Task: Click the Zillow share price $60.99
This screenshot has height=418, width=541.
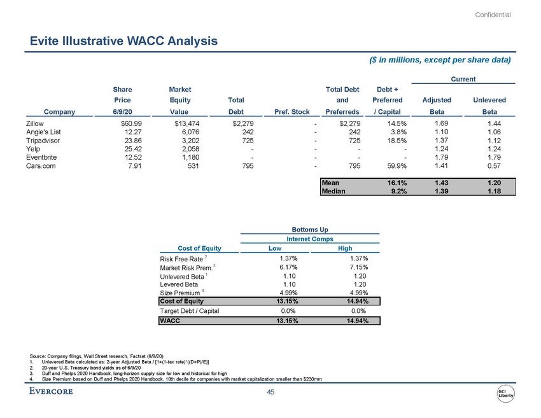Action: point(131,123)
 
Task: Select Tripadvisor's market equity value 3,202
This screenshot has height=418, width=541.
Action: point(190,141)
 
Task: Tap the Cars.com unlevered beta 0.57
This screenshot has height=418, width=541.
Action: point(494,166)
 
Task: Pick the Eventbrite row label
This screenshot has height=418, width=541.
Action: point(41,157)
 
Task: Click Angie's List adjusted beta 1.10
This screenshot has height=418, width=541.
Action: point(441,132)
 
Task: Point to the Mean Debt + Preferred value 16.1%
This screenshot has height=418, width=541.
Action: point(397,183)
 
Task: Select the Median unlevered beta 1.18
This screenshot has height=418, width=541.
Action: point(494,191)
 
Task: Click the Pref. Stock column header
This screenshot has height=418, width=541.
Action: point(292,112)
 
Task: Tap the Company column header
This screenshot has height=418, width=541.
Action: point(59,112)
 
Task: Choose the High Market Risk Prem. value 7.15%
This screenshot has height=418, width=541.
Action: point(359,267)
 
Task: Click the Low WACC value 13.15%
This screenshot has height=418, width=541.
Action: point(287,321)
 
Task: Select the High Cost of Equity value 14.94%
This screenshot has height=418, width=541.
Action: point(358,301)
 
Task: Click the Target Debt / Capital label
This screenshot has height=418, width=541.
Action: point(190,310)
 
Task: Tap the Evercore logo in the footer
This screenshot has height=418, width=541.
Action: point(51,391)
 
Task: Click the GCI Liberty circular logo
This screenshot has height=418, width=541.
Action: point(505,393)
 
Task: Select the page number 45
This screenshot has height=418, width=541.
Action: point(270,392)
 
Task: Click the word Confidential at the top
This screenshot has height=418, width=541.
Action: point(493,15)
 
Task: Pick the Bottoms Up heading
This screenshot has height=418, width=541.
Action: point(310,229)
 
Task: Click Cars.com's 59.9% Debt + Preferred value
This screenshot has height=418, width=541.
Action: point(397,166)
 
